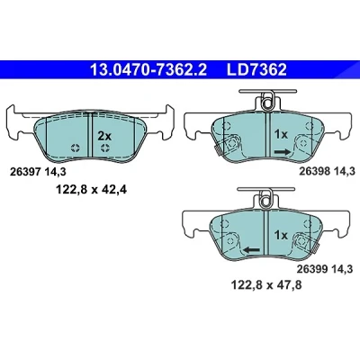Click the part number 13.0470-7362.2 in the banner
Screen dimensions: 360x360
tap(148, 70)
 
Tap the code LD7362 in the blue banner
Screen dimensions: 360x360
tap(256, 70)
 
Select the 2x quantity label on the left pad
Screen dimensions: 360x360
tap(104, 136)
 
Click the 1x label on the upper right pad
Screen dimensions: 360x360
tap(281, 135)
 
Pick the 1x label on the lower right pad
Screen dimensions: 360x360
tap(281, 235)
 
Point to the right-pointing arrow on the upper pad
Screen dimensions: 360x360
tap(282, 152)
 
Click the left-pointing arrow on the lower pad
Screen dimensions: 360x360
tap(251, 249)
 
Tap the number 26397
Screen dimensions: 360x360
tap(25, 172)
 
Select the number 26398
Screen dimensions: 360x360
tap(314, 171)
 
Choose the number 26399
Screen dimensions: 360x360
tap(312, 269)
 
